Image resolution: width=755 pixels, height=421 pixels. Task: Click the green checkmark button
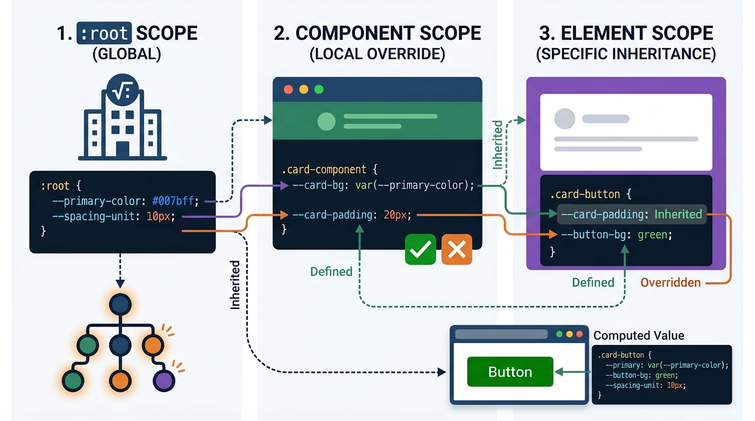pyautogui.click(x=420, y=249)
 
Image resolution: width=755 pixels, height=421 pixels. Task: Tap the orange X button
pyautogui.click(x=456, y=249)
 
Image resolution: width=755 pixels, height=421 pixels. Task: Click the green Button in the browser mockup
pyautogui.click(x=510, y=372)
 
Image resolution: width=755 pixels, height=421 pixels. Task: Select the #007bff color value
pyautogui.click(x=173, y=201)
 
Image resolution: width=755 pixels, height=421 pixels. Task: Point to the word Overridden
pyautogui.click(x=670, y=283)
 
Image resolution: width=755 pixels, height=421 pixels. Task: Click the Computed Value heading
pyautogui.click(x=639, y=335)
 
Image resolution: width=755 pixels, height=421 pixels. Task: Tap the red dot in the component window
pyautogui.click(x=288, y=89)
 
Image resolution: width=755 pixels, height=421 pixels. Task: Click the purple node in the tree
pyautogui.click(x=164, y=380)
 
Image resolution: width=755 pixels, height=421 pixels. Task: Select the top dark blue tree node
pyautogui.click(x=120, y=304)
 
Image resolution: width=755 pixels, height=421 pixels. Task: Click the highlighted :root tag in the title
pyautogui.click(x=104, y=33)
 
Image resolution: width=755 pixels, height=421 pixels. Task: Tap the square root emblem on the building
pyautogui.click(x=122, y=90)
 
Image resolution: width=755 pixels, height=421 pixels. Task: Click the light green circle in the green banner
pyautogui.click(x=327, y=121)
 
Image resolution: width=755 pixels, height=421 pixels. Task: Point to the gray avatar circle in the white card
pyautogui.click(x=564, y=119)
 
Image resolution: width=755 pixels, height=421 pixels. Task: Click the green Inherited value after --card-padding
pyautogui.click(x=678, y=214)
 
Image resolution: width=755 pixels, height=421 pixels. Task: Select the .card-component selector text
pyautogui.click(x=324, y=169)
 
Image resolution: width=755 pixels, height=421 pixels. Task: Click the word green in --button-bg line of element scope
pyautogui.click(x=653, y=235)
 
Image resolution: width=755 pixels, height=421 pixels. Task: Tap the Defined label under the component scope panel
pyautogui.click(x=331, y=272)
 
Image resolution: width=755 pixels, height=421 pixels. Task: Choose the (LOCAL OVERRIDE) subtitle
pyautogui.click(x=377, y=54)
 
